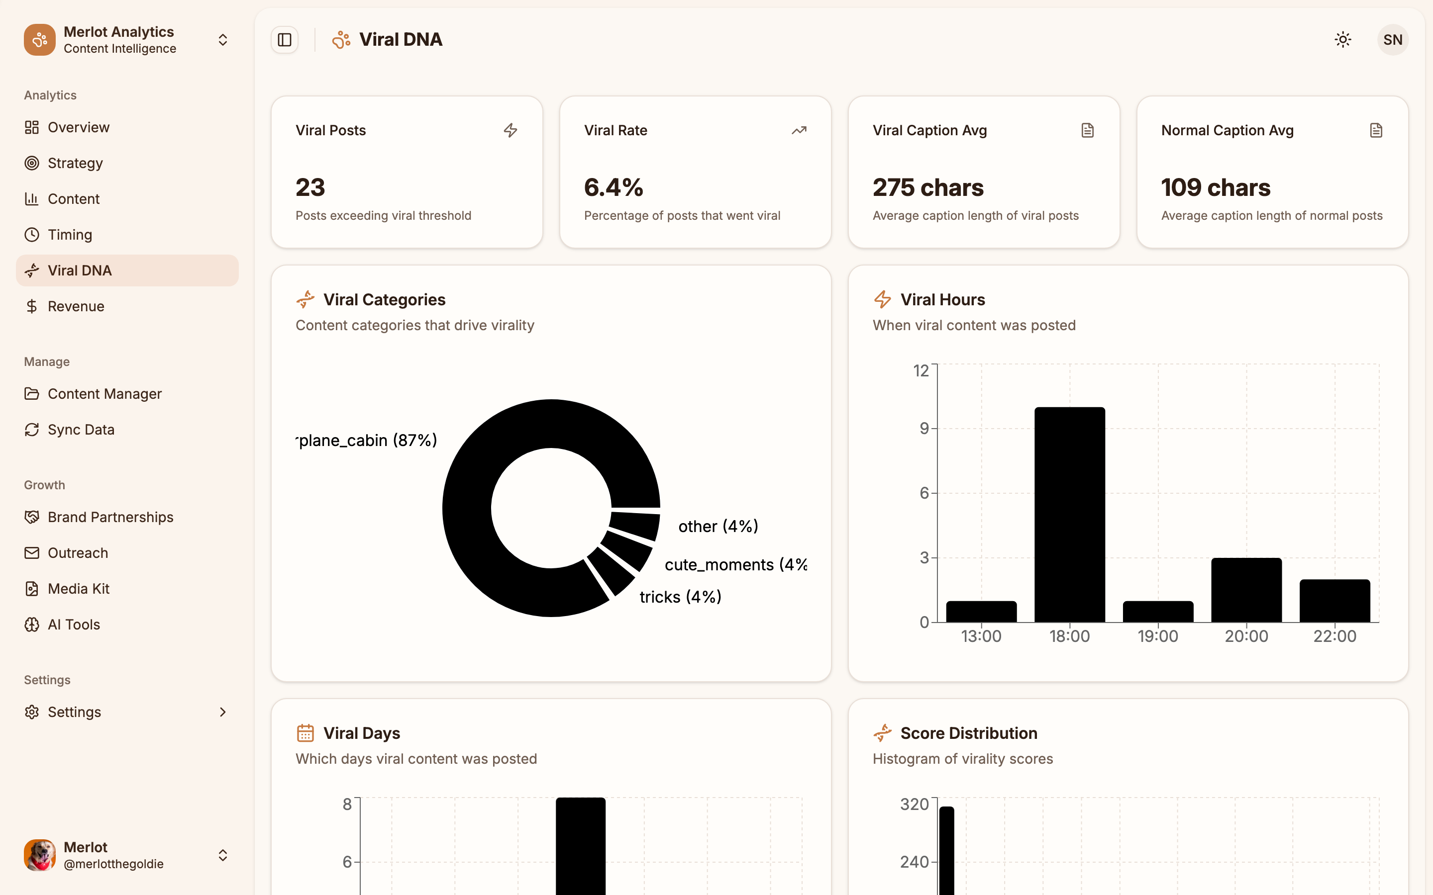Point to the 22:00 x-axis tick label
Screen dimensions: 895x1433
[x=1334, y=636]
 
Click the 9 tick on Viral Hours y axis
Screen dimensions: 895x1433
[x=924, y=429]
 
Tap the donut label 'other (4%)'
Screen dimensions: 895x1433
[x=717, y=526]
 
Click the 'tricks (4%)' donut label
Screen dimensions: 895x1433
[x=680, y=597]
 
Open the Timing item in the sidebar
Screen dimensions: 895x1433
[x=70, y=234]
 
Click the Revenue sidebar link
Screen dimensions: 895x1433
[x=76, y=306]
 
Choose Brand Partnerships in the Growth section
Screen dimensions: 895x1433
[x=110, y=517]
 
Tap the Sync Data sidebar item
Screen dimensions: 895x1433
[x=81, y=429]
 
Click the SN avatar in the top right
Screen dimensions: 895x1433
[x=1392, y=40]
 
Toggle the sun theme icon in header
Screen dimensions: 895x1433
[x=1342, y=40]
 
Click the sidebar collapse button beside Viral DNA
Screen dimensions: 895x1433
[x=285, y=40]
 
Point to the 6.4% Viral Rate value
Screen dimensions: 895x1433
[x=614, y=187]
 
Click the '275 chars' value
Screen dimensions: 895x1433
[x=927, y=187]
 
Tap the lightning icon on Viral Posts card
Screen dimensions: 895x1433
[x=511, y=130]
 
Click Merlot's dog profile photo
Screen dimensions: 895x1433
[x=40, y=855]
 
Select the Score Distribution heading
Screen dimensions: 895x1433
[x=968, y=733]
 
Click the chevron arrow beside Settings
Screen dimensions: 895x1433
[x=222, y=712]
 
